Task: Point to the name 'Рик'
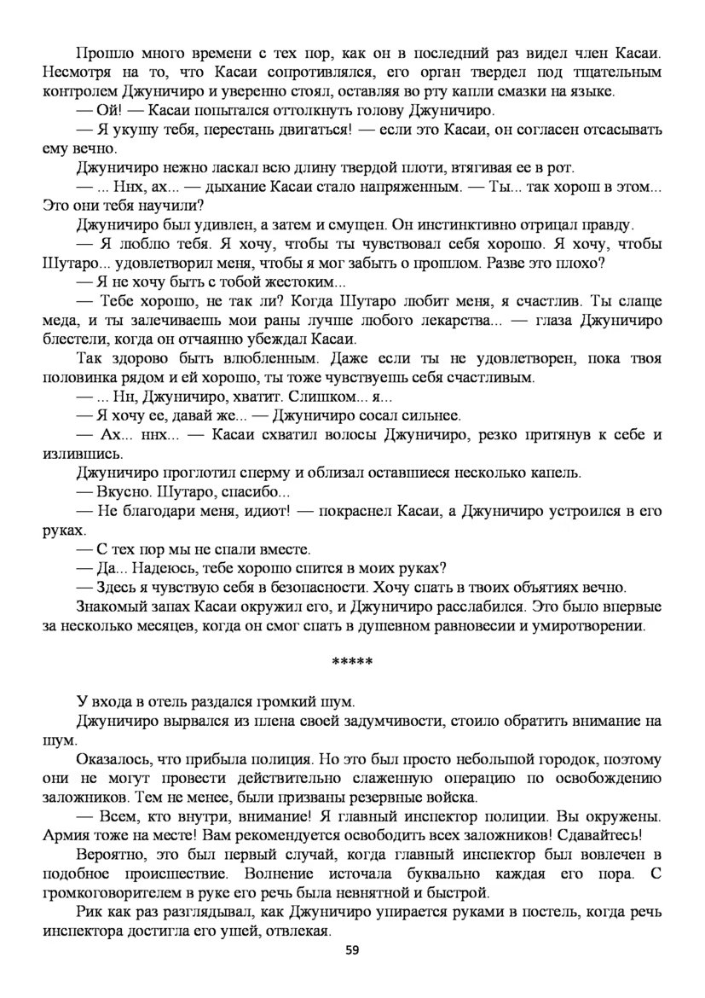click(89, 912)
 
